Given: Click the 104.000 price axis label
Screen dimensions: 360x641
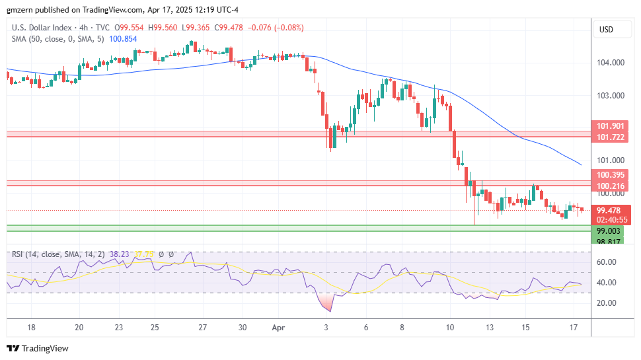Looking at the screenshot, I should pyautogui.click(x=610, y=63).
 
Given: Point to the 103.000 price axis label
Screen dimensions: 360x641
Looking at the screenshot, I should pyautogui.click(x=610, y=96).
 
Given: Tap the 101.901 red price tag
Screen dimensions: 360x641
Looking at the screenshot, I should pyautogui.click(x=610, y=126).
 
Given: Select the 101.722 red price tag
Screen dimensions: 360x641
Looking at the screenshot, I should pyautogui.click(x=610, y=137).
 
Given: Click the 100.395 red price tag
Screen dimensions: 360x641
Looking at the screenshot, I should pyautogui.click(x=610, y=175).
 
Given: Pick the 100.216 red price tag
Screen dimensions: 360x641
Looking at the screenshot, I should pyautogui.click(x=610, y=186).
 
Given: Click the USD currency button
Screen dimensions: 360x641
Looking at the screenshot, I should pyautogui.click(x=606, y=30).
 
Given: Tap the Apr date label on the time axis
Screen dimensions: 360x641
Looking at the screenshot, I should pyautogui.click(x=278, y=327).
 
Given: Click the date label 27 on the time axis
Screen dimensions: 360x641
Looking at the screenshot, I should pyautogui.click(x=203, y=327).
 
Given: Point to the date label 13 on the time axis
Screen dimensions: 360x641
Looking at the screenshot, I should pyautogui.click(x=489, y=327).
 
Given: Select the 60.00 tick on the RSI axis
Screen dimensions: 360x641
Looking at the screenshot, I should pyautogui.click(x=607, y=262).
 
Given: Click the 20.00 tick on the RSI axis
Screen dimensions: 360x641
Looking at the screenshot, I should pyautogui.click(x=607, y=303).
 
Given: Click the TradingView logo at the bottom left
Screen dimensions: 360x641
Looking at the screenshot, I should pyautogui.click(x=38, y=348).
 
